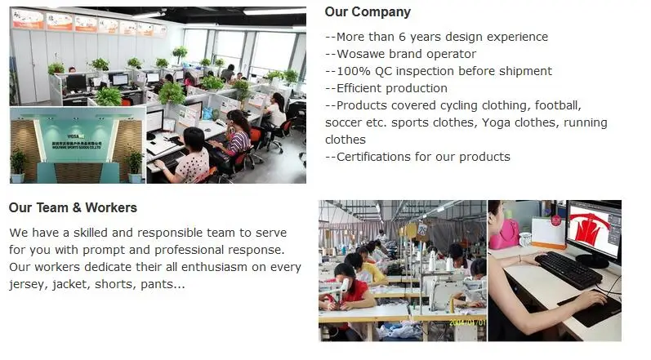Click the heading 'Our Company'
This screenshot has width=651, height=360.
click(368, 12)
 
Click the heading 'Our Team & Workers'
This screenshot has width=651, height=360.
click(73, 208)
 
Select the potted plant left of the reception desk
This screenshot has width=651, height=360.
click(18, 162)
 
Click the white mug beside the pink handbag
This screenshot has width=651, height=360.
click(526, 239)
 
